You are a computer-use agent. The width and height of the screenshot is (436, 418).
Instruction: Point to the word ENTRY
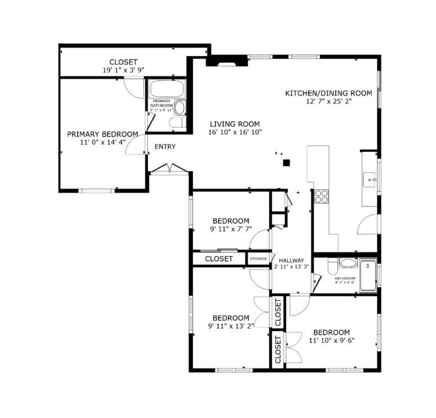[x=165, y=147]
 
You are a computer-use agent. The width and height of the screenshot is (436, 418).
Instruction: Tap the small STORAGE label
[x=258, y=258]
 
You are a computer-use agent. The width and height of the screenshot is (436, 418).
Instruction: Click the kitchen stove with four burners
[x=321, y=196]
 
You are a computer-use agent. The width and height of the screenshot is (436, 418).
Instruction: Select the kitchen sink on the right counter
[x=370, y=180]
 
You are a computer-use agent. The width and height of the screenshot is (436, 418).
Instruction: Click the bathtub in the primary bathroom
[x=167, y=89]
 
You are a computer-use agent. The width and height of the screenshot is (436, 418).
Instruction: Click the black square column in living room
[x=286, y=163]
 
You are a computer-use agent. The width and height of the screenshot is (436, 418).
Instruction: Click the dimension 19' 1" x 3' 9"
[x=123, y=70]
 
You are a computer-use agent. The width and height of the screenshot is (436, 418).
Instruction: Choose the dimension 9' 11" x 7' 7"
[x=230, y=229]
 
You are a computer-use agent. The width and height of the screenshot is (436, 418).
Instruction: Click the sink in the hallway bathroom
[x=347, y=263]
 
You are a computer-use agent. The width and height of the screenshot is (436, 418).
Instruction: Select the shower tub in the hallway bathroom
[x=368, y=275]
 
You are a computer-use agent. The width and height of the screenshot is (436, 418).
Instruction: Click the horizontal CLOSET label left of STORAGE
[x=218, y=259]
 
